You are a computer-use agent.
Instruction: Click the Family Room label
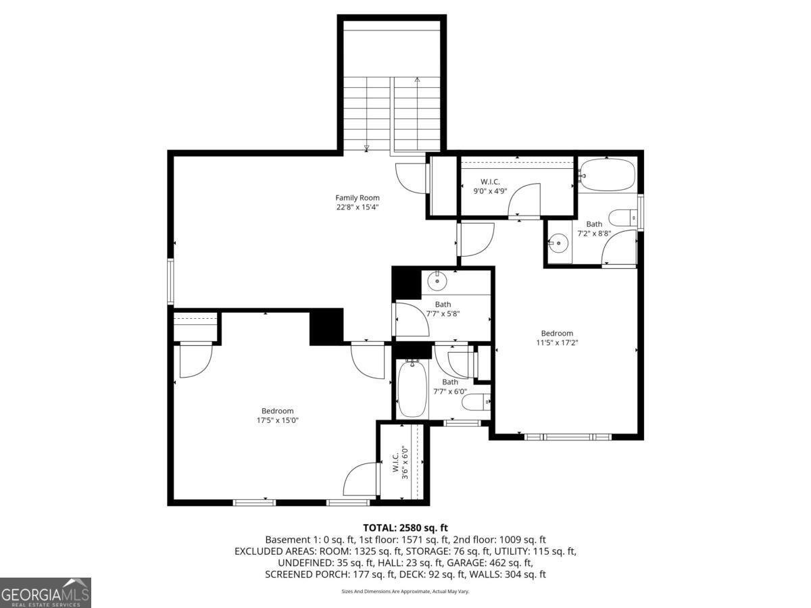[x=358, y=197]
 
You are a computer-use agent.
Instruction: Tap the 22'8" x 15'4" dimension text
[x=358, y=207]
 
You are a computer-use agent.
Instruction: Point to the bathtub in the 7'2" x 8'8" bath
[x=608, y=174]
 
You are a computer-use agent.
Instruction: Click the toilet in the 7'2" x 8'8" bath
[x=622, y=218]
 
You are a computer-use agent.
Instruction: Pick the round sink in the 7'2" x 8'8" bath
[x=559, y=242]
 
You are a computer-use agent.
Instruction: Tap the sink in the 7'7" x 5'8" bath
[x=438, y=279]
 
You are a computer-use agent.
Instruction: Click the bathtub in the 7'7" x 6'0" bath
[x=412, y=390]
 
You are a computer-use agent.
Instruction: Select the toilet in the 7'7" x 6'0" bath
[x=476, y=403]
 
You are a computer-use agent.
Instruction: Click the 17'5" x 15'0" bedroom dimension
[x=277, y=420]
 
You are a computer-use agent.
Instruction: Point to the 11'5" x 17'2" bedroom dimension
[x=557, y=343]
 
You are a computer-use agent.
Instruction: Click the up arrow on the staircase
[x=417, y=80]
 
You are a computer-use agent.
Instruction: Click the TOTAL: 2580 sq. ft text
[x=405, y=528]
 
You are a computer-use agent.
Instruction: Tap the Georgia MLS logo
[x=45, y=592]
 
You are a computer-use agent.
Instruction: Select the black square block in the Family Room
[x=326, y=327]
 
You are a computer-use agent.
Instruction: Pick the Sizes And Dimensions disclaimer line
[x=405, y=592]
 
